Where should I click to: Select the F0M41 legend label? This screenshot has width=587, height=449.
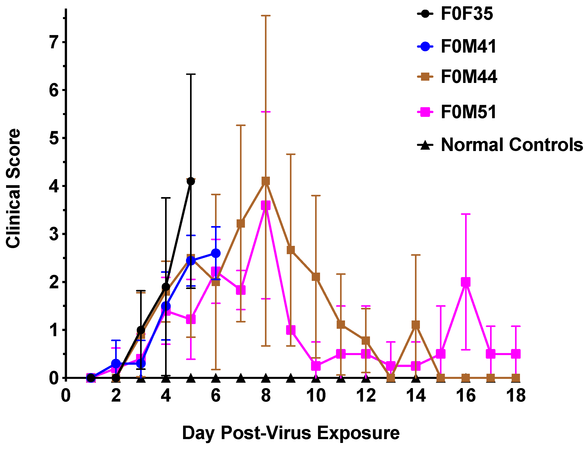point(468,46)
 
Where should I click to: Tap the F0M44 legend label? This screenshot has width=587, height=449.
point(469,77)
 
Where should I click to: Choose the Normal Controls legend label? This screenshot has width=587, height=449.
point(512,145)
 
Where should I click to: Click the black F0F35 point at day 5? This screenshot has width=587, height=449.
point(191,181)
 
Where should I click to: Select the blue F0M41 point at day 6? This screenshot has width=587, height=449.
point(215,253)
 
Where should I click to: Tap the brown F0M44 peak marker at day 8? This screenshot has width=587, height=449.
point(266,181)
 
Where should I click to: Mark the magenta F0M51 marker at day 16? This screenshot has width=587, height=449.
point(466,282)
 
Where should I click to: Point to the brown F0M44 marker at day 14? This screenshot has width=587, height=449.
point(416,325)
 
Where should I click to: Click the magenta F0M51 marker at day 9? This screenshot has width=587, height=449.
point(291,330)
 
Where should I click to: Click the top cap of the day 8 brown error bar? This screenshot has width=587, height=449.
point(266,16)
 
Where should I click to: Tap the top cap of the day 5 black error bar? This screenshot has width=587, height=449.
point(191,74)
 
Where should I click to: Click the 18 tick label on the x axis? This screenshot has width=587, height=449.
point(516,396)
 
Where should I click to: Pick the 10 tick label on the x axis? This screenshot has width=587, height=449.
point(316,396)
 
